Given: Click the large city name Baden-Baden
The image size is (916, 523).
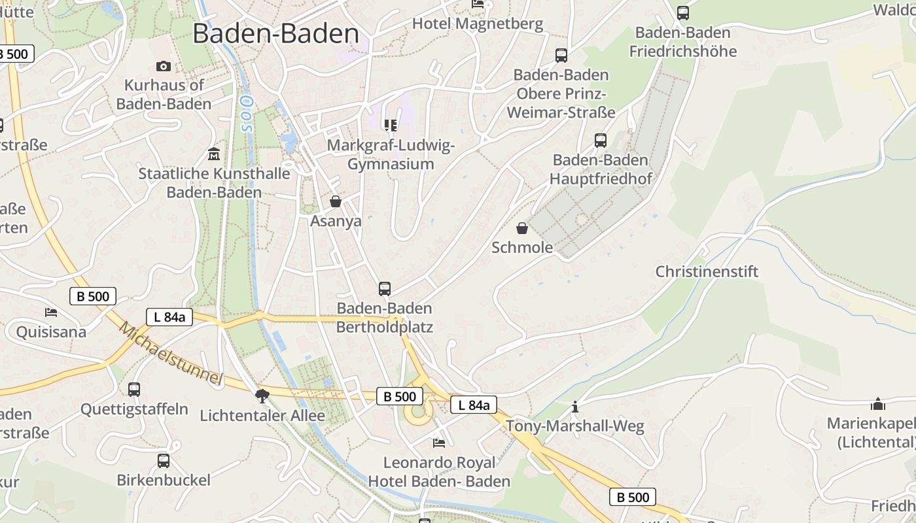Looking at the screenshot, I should (x=275, y=34).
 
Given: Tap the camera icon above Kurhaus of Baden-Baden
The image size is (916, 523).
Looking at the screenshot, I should (x=164, y=66).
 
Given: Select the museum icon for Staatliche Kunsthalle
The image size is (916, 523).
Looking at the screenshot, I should (x=214, y=154).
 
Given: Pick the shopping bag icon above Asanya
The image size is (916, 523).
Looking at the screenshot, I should (x=336, y=201).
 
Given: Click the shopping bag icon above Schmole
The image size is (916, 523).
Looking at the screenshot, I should (x=522, y=228).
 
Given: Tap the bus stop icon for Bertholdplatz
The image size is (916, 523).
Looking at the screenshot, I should (x=385, y=288).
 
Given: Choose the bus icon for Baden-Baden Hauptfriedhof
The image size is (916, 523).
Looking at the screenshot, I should (x=601, y=140).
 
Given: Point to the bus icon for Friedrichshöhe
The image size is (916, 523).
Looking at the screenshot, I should (x=683, y=12).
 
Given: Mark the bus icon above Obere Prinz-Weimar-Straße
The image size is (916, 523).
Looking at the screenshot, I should (x=561, y=55).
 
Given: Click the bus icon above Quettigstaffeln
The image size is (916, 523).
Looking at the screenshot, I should (x=134, y=390).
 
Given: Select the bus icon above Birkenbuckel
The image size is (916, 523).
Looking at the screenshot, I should (x=164, y=460).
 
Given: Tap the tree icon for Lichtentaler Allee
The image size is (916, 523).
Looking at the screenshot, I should (x=262, y=396).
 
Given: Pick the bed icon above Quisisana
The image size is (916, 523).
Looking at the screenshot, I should (x=51, y=312).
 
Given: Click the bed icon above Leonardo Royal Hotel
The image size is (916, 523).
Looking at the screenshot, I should (x=439, y=443).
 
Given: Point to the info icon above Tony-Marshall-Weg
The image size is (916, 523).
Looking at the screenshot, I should (x=575, y=407).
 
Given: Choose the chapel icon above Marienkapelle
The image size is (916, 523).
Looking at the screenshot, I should (x=878, y=404).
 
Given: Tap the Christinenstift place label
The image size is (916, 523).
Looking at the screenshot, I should (x=707, y=271).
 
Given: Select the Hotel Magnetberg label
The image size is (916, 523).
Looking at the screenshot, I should (x=478, y=24).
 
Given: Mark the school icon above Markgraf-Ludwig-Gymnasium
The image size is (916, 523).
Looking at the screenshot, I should (x=391, y=125).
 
